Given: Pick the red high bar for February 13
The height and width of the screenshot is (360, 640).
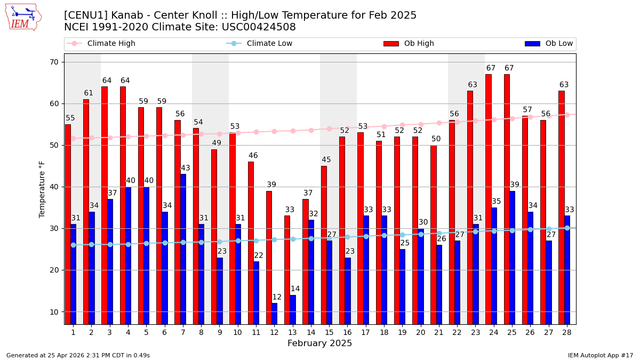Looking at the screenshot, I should pos(287,269).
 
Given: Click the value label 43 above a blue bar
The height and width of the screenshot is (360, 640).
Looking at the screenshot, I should pos(186,168).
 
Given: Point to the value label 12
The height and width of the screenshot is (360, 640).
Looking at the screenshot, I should pos(277,297).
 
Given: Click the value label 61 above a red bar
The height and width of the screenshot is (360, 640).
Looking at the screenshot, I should pos(89,93).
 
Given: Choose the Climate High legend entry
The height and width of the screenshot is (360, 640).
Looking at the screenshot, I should pos(111,44).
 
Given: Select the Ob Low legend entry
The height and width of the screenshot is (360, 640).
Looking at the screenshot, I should pos(558,44).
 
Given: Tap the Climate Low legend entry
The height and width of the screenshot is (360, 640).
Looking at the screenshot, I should pos(269,44).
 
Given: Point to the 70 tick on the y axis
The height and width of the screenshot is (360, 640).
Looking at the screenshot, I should pos(55,62).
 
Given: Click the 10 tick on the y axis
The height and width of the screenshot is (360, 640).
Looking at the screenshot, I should pos(55,312).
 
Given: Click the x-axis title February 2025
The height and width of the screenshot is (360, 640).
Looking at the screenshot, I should pos(319,343).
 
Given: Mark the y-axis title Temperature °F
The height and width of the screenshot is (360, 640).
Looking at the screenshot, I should pos(43,189).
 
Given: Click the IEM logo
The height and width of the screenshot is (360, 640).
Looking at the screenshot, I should pos(23,17).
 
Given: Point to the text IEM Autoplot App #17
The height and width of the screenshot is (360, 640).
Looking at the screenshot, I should pos(600,355).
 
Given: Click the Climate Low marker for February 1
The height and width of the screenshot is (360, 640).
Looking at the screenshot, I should pos(73,245).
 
